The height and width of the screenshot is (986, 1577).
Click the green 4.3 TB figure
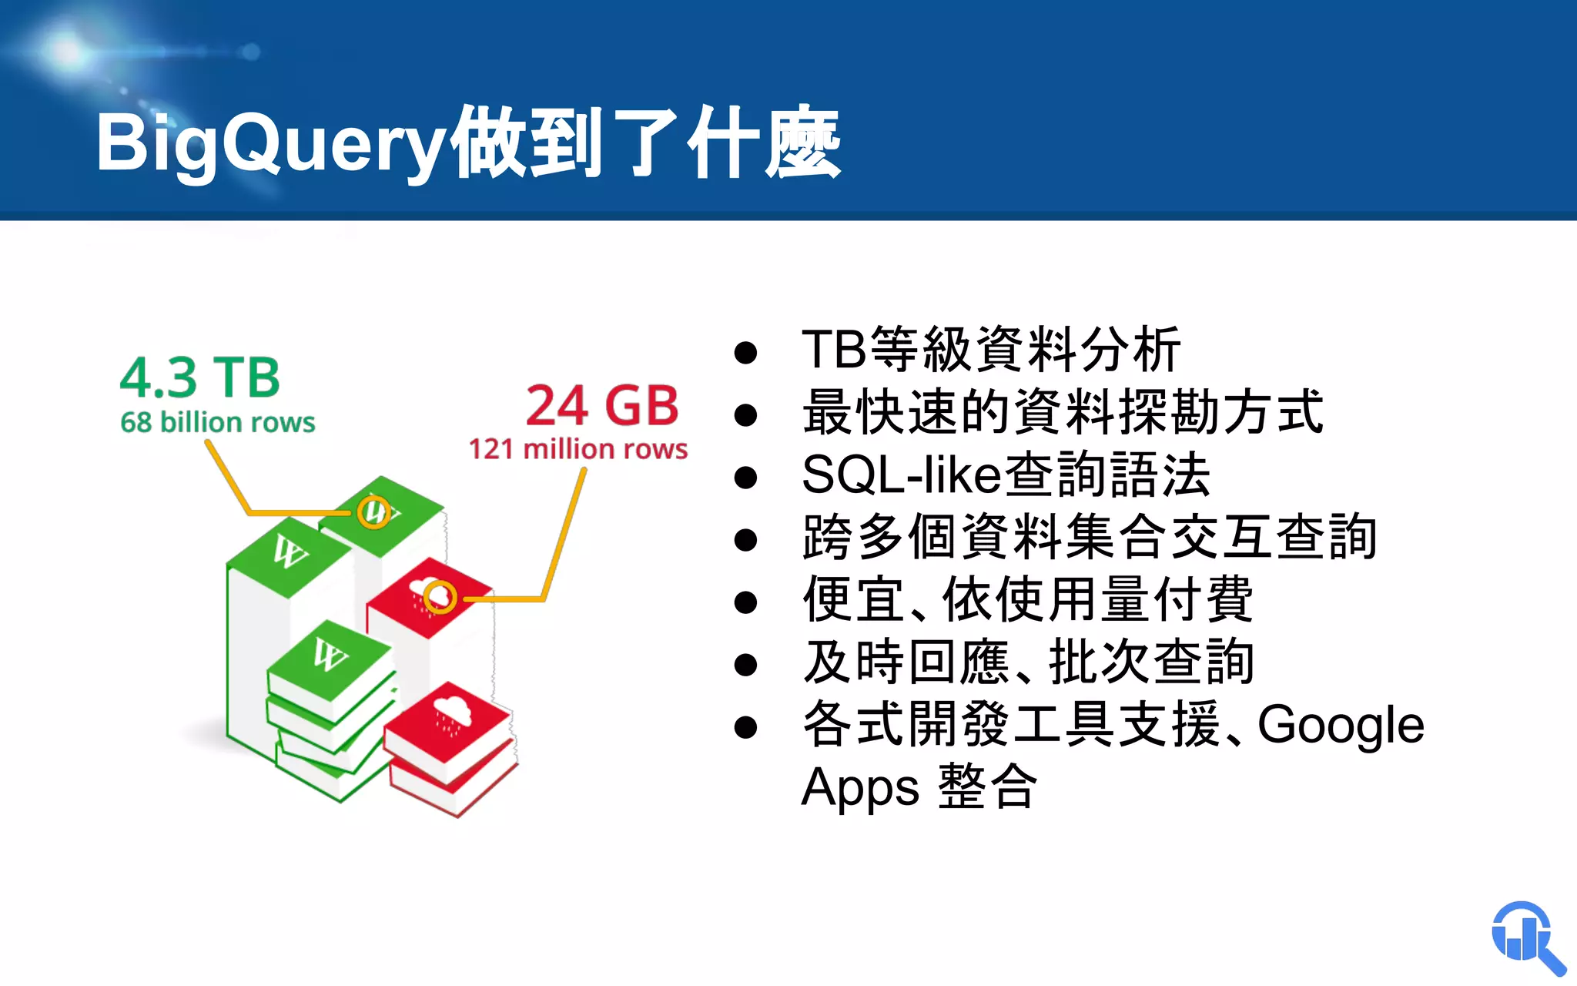[200, 377]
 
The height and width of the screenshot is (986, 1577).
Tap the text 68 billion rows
[218, 422]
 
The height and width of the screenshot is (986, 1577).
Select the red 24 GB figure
[602, 405]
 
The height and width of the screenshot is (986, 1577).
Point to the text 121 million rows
[578, 448]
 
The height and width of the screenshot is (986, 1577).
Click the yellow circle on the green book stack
[374, 511]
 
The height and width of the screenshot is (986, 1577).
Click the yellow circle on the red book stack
[440, 596]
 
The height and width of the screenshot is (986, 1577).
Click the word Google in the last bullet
[1341, 725]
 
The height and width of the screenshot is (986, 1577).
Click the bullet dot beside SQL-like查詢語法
[745, 478]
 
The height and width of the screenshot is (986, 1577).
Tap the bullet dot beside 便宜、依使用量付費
[745, 602]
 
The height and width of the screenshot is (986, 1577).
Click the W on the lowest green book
[330, 656]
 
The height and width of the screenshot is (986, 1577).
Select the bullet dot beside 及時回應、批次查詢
[745, 664]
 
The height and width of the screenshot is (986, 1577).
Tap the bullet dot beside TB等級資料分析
[745, 353]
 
